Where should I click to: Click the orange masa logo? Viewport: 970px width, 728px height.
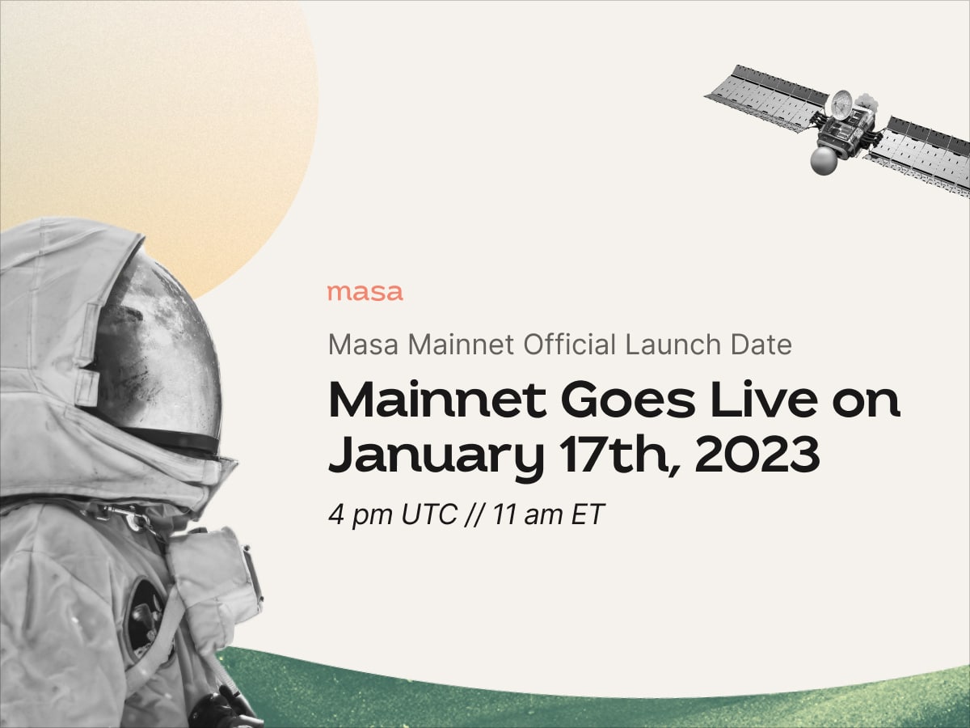click(x=365, y=293)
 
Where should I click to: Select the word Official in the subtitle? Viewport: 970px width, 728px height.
click(x=570, y=345)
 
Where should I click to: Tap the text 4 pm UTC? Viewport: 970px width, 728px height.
click(x=393, y=514)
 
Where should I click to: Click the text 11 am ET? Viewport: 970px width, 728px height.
click(x=548, y=514)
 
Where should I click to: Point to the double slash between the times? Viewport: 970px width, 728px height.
click(x=474, y=514)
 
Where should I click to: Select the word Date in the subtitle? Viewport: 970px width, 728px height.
click(x=761, y=345)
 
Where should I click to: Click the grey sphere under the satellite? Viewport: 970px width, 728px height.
click(x=824, y=160)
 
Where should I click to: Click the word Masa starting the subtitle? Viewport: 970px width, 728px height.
click(x=363, y=345)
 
